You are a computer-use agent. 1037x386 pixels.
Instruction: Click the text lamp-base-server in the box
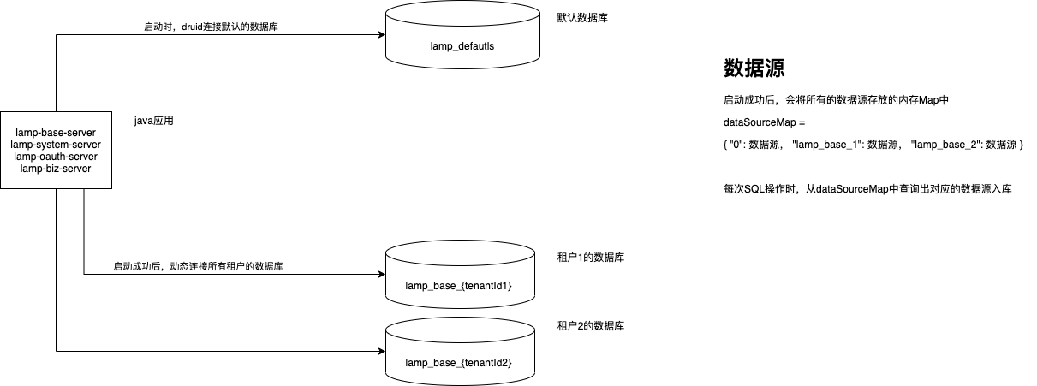tap(56, 133)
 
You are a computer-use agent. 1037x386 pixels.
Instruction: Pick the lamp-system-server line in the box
tap(56, 145)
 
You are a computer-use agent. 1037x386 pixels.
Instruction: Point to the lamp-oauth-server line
tap(56, 157)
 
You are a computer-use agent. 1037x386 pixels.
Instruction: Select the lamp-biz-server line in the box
tap(56, 169)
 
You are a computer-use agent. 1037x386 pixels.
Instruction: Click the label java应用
tap(154, 121)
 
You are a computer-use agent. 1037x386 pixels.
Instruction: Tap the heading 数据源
tap(754, 68)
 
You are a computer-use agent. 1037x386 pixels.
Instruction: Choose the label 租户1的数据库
tap(590, 257)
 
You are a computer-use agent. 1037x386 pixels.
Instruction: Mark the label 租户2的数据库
tap(590, 326)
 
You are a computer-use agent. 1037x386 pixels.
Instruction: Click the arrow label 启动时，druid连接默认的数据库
tap(211, 27)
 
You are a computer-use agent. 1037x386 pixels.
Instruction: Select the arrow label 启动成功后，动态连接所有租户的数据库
tap(199, 266)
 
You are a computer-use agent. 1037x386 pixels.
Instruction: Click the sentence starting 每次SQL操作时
tap(867, 189)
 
